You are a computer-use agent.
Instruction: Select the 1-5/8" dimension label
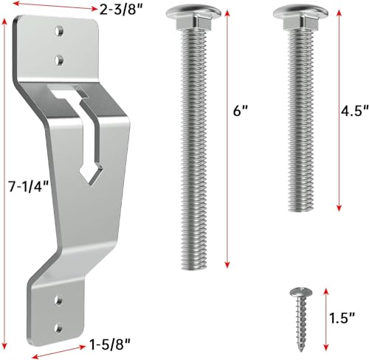(110, 344)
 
